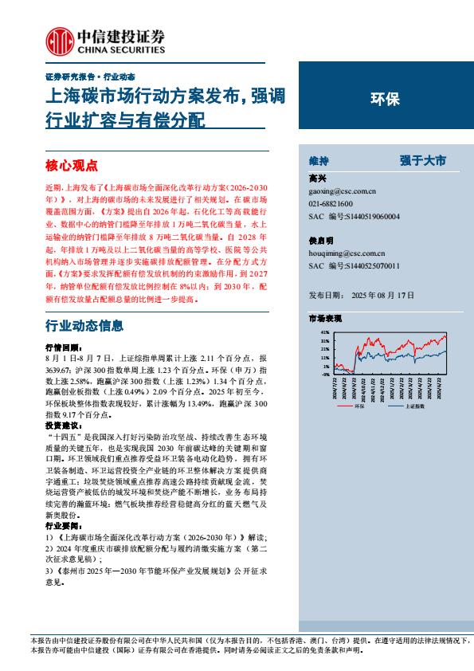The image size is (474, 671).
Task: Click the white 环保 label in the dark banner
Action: pos(386,100)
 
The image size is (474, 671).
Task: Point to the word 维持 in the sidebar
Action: pos(319,159)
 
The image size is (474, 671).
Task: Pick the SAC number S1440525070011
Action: pos(370,265)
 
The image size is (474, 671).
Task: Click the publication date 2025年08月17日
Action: pos(383,294)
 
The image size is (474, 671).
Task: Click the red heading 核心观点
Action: pos(71,166)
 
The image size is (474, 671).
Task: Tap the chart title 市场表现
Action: pos(325,318)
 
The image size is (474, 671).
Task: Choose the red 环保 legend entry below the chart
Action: pos(358,406)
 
